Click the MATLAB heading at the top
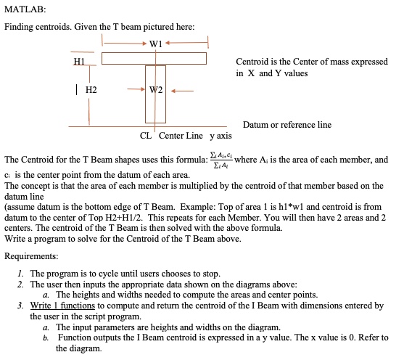25,9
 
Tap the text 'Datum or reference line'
287,125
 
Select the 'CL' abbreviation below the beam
145,135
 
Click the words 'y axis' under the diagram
221,135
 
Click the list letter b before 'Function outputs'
45,337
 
